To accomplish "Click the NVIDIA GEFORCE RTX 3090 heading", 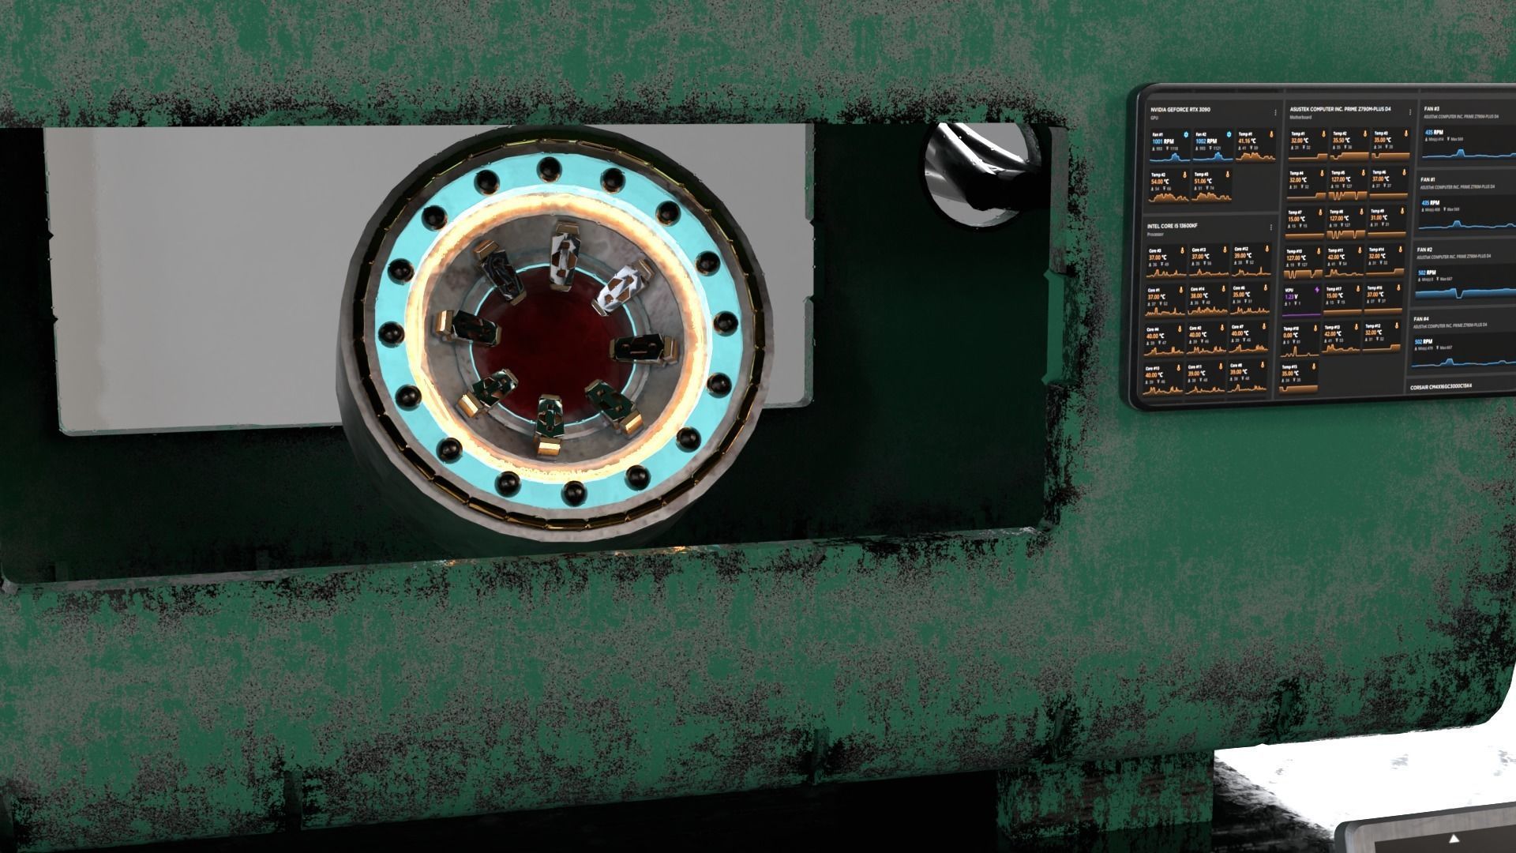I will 1180,109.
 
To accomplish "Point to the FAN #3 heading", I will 1431,109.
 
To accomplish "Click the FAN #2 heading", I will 1424,250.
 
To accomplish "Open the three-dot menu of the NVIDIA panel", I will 1275,113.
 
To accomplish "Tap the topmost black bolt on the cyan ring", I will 546,167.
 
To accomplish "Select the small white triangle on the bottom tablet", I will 1454,838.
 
